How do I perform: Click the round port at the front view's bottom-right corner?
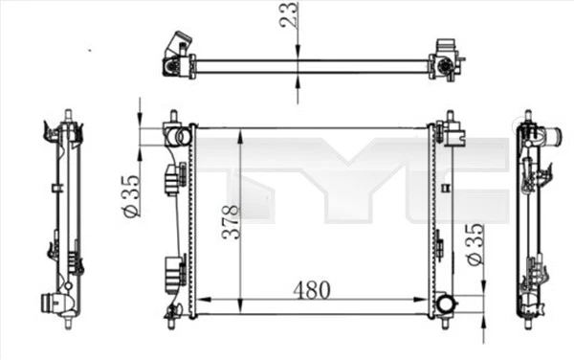tap(446, 305)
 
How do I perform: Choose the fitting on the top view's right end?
tap(444, 59)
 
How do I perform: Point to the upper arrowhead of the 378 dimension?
tap(239, 133)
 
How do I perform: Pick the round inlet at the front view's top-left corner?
tap(173, 135)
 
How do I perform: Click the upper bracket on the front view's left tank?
tap(173, 178)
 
